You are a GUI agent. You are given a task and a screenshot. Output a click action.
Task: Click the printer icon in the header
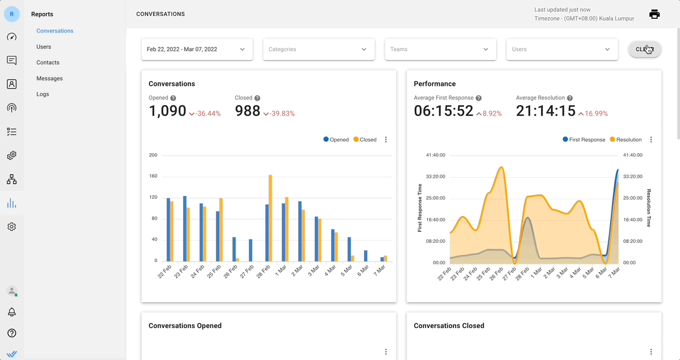click(654, 14)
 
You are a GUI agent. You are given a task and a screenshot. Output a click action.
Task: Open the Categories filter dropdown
click(319, 50)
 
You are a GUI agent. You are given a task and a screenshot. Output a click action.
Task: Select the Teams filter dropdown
click(440, 50)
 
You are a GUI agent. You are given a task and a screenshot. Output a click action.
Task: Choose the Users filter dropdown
click(562, 50)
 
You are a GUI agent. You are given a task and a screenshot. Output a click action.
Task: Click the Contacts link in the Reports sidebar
click(48, 63)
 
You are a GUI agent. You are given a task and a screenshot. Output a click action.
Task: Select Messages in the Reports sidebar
click(50, 79)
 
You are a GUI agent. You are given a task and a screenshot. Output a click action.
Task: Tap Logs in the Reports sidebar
click(43, 94)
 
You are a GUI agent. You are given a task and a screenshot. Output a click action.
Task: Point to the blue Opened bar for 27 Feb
click(251, 250)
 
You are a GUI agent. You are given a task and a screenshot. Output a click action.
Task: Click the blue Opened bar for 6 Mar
click(366, 256)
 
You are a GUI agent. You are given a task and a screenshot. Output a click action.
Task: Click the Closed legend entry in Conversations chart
click(365, 140)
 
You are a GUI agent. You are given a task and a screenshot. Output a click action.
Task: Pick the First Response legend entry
click(584, 140)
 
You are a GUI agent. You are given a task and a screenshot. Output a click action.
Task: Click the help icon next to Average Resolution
click(570, 98)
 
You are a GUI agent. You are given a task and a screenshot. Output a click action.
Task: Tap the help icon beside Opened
click(173, 98)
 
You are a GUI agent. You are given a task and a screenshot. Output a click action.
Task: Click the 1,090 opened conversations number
click(167, 111)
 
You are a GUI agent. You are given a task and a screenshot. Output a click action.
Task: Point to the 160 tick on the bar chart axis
click(153, 176)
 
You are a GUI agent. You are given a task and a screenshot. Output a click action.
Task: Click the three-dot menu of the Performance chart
click(651, 140)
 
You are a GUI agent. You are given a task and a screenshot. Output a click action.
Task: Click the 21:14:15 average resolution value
click(545, 111)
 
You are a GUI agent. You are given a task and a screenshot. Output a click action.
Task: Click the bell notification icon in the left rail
click(12, 312)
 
